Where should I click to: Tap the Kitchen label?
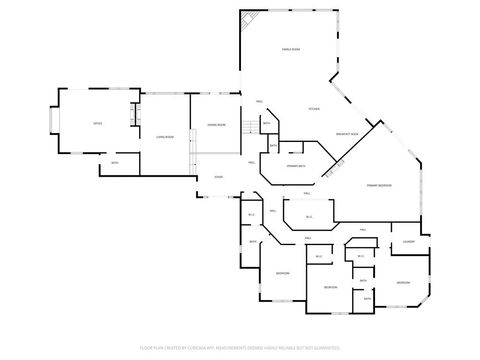tap(313, 109)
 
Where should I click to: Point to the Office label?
tap(98, 123)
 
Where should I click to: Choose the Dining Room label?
tap(216, 124)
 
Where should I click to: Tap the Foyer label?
tap(218, 177)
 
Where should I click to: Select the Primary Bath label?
tap(296, 165)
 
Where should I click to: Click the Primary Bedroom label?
tap(378, 185)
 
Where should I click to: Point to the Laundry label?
tap(409, 242)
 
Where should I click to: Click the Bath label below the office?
tap(115, 162)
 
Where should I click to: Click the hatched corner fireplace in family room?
tap(250, 21)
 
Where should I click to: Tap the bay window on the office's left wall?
tap(54, 124)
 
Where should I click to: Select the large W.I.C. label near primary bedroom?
tap(309, 216)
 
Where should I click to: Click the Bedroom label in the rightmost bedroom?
tap(402, 282)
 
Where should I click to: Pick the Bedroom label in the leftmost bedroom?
tap(283, 272)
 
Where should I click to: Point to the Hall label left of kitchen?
tap(259, 102)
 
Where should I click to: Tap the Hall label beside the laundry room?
tap(363, 230)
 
